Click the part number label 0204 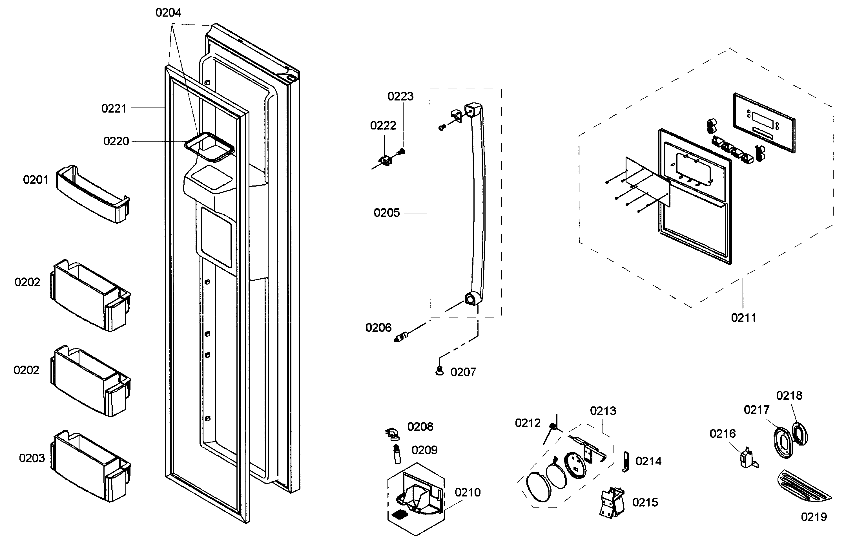[x=168, y=13]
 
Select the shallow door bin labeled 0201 [x=92, y=194]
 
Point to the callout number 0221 [x=114, y=108]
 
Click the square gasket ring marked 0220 [x=209, y=147]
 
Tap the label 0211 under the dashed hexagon [x=743, y=318]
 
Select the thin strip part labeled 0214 [x=626, y=462]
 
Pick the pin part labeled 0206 [x=401, y=337]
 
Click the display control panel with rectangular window [x=764, y=123]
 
